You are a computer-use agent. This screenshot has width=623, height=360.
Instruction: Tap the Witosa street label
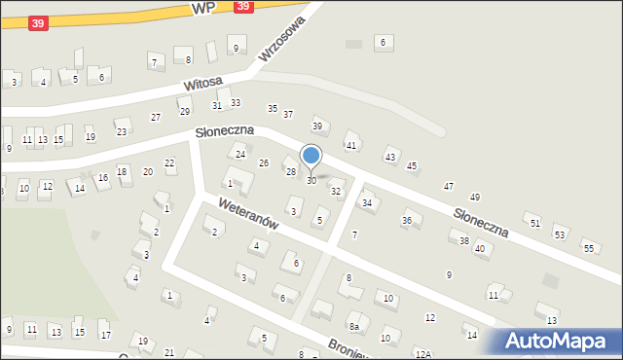[x=203, y=85]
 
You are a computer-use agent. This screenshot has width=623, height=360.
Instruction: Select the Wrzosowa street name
[x=281, y=38]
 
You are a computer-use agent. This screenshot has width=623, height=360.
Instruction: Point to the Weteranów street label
[x=250, y=216]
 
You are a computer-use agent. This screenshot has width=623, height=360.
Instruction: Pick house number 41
[x=351, y=145]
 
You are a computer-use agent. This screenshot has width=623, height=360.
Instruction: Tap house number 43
[x=390, y=157]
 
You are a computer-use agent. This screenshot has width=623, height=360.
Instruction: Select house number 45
[x=412, y=166]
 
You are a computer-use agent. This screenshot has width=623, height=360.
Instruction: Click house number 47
[x=449, y=186]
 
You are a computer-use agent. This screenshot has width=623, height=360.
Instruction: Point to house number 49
[x=474, y=198]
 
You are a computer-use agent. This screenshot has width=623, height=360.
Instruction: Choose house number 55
[x=589, y=248]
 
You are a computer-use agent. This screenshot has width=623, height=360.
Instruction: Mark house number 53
[x=560, y=234]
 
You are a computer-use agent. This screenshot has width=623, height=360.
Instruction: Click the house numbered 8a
[x=355, y=326]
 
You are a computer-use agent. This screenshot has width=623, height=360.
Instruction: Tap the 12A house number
[x=422, y=354]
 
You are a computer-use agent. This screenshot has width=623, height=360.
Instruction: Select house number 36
[x=408, y=221]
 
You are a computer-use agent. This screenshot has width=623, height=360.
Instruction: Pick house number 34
[x=367, y=202]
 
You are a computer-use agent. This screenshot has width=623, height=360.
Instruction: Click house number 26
[x=264, y=162]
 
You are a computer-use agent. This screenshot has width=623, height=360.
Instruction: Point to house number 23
[x=122, y=131]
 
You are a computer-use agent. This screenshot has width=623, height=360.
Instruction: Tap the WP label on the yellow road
[x=203, y=7]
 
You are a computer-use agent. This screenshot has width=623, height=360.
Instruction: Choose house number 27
[x=156, y=118]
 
